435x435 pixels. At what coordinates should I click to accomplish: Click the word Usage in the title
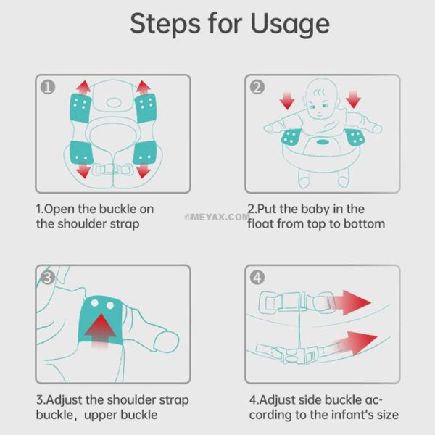(x=290, y=25)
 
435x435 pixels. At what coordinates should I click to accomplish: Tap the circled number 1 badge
(x=48, y=87)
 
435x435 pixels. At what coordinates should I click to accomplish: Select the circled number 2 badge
(x=257, y=87)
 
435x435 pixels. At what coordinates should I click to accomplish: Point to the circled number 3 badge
(x=48, y=278)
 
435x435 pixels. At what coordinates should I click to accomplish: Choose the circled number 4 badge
(x=257, y=278)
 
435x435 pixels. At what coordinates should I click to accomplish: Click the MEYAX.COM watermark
(x=217, y=217)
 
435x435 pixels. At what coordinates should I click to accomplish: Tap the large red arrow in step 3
(x=101, y=331)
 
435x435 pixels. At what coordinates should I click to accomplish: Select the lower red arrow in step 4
(x=356, y=344)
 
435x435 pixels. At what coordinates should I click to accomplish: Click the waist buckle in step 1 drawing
(x=112, y=169)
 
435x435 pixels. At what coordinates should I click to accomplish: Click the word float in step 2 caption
(x=261, y=223)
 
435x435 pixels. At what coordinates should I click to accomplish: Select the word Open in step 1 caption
(x=59, y=210)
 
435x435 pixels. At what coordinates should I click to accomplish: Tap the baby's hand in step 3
(x=167, y=341)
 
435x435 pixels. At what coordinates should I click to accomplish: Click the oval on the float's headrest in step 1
(x=114, y=103)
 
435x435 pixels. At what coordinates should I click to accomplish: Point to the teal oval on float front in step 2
(x=323, y=142)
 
